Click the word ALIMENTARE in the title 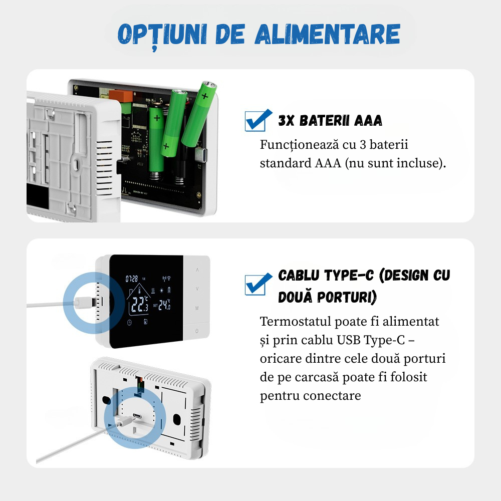click(x=327, y=34)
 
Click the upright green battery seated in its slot click(x=156, y=135)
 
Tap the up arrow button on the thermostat click(x=197, y=270)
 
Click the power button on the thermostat click(x=197, y=331)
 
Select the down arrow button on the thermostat click(x=197, y=289)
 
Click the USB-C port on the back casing click(x=137, y=416)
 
